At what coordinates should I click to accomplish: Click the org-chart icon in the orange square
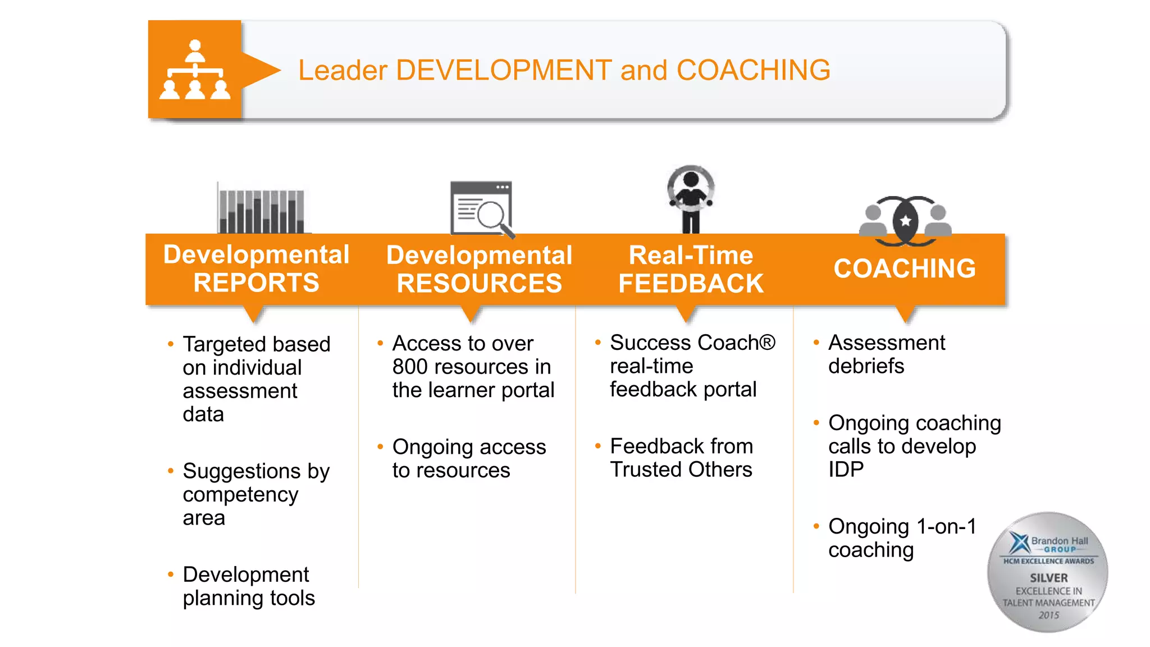[195, 70]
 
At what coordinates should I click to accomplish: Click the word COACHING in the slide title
[753, 70]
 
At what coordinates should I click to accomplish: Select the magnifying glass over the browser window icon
[492, 216]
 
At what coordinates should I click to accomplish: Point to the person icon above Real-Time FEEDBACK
[691, 199]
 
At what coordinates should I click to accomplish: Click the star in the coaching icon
[905, 221]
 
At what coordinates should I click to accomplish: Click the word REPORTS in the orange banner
[256, 283]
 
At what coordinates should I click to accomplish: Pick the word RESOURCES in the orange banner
[479, 283]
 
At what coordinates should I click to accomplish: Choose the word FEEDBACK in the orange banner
[691, 283]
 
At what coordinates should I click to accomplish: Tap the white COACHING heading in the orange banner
[905, 268]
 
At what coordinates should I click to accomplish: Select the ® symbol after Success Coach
[767, 342]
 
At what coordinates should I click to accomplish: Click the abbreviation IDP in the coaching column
[846, 470]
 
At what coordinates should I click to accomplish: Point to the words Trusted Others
[681, 470]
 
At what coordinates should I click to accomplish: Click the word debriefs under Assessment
[866, 366]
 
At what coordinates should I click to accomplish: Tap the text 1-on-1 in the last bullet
[946, 526]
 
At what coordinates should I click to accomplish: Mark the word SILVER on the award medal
[1048, 577]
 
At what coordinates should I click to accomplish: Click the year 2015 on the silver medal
[1048, 615]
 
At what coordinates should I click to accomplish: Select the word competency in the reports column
[240, 495]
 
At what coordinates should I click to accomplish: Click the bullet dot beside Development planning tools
[171, 574]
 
